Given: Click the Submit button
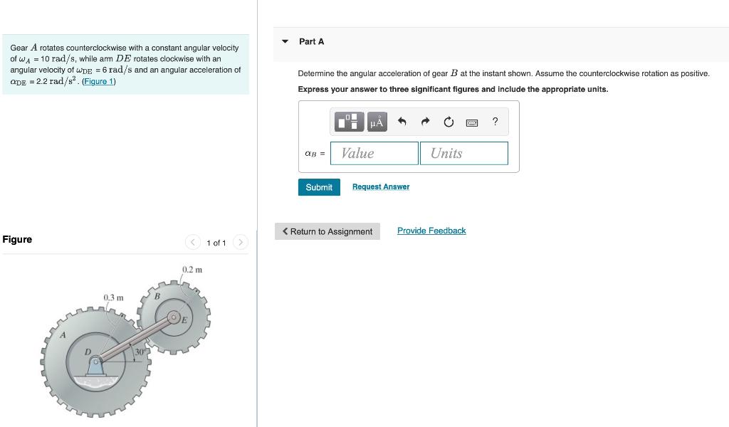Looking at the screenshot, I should point(318,187).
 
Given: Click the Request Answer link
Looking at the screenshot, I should point(381,187).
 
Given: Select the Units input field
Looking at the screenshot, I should point(463,153).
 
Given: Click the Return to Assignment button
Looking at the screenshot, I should point(327,231).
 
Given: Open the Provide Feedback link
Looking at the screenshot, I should point(431,231).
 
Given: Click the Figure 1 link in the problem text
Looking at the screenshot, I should point(98,81).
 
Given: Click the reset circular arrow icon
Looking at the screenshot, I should point(449,122).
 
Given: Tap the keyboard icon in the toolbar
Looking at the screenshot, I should point(471,122).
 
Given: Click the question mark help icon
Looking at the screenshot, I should point(495,122).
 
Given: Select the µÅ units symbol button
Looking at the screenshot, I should point(377,122).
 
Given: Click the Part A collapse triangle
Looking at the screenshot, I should point(285,41).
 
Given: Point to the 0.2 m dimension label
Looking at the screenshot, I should point(192,270).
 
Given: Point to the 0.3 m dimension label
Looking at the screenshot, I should point(113,297).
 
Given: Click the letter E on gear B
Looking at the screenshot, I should point(184,320).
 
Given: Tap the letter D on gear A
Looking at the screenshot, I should point(88,352).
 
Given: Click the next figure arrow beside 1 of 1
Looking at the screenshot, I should point(241,243).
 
